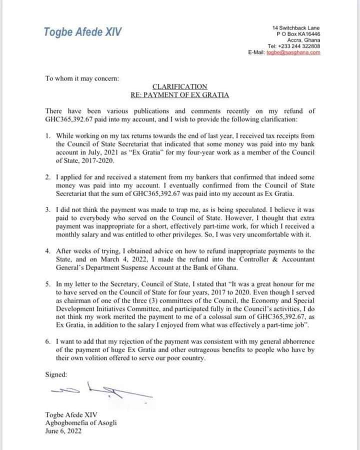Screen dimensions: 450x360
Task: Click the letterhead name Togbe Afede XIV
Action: point(82,32)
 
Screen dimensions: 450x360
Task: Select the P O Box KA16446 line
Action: point(298,34)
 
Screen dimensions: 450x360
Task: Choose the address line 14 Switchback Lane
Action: point(296,27)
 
